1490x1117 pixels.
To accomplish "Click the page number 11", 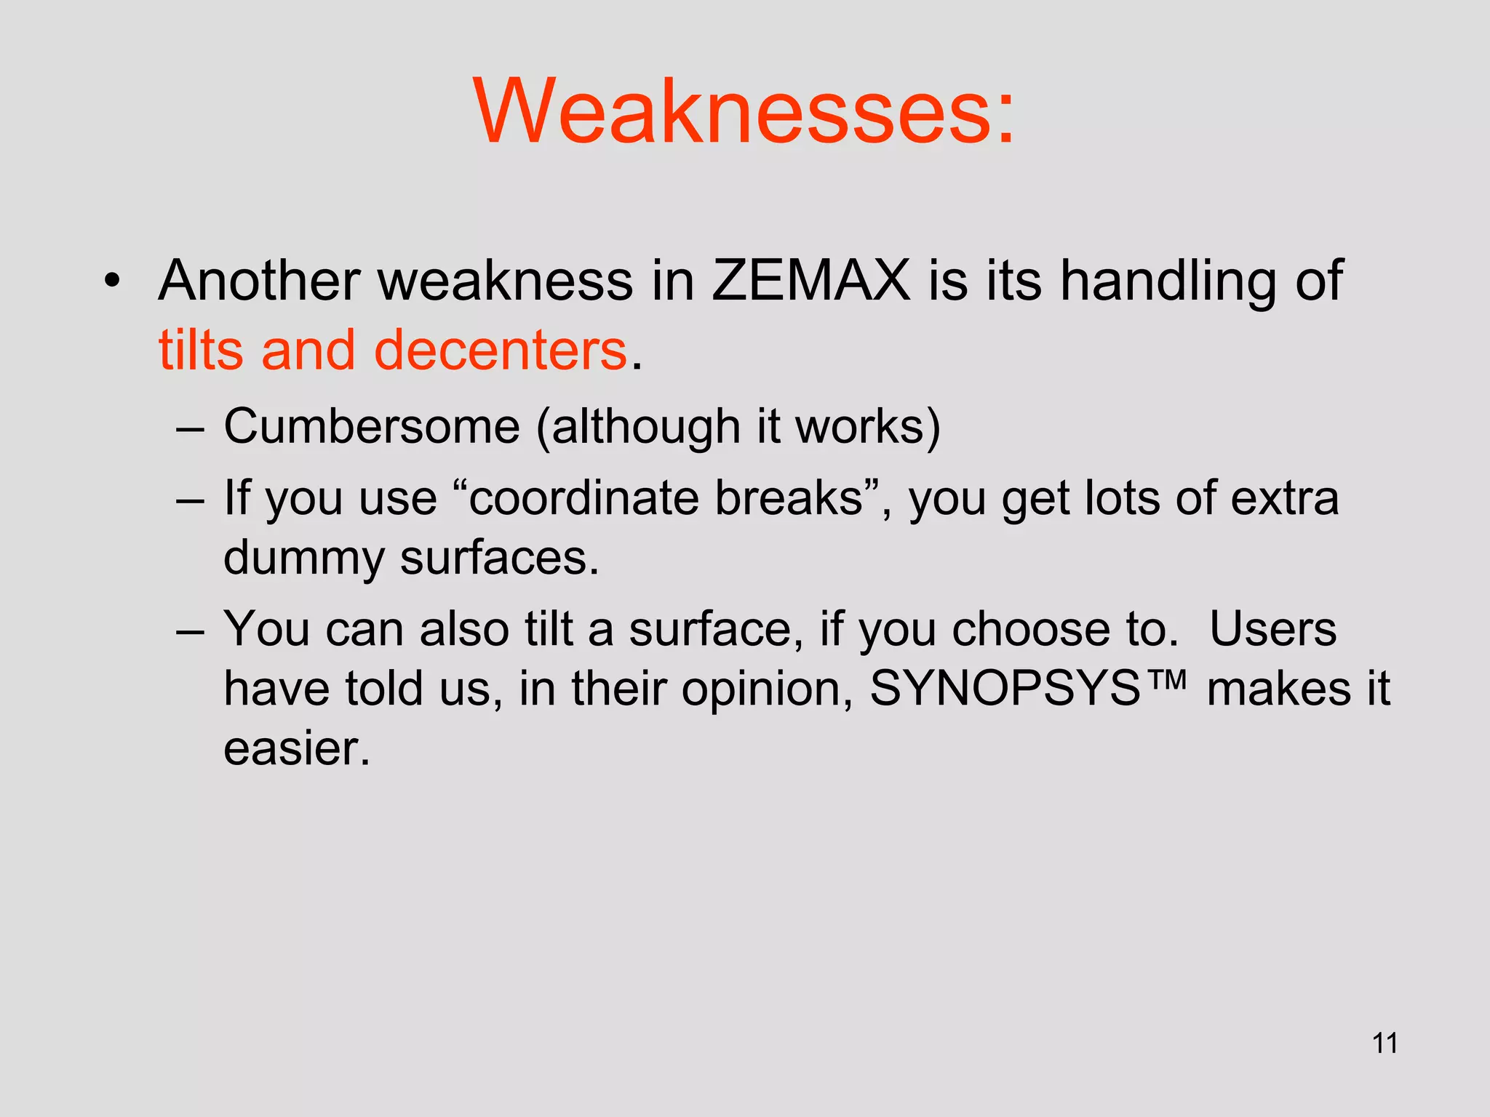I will pyautogui.click(x=1385, y=1043).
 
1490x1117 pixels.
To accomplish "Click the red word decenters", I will pyautogui.click(x=500, y=351).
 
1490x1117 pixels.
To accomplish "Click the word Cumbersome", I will pyautogui.click(x=372, y=426).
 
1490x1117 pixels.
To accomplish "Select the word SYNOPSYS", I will pyautogui.click(x=1005, y=688).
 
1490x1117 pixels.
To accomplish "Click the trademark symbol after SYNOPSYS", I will pyautogui.click(x=1165, y=681).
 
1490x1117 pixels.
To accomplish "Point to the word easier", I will pyautogui.click(x=297, y=748).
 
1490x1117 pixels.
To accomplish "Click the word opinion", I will pyautogui.click(x=766, y=689).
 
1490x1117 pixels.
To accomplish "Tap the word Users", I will pyautogui.click(x=1272, y=629).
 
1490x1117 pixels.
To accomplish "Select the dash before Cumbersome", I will pyautogui.click(x=190, y=429).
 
